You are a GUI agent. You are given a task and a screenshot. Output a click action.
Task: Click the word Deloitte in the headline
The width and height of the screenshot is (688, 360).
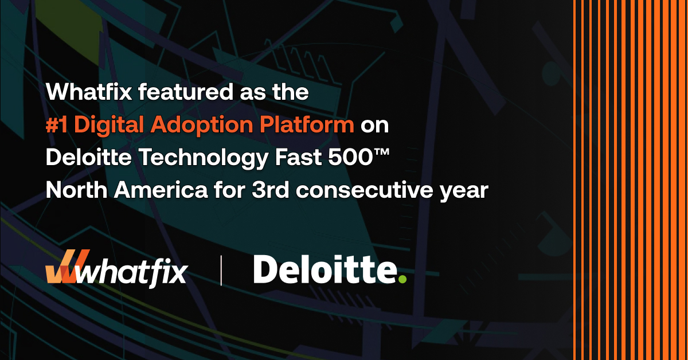click(x=88, y=158)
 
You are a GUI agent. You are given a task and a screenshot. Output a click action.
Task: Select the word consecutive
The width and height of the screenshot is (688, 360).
click(x=366, y=191)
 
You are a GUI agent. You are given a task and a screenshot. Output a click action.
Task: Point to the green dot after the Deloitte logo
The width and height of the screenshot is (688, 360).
click(x=402, y=279)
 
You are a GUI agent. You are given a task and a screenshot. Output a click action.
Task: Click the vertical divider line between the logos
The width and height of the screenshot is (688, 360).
click(x=221, y=270)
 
